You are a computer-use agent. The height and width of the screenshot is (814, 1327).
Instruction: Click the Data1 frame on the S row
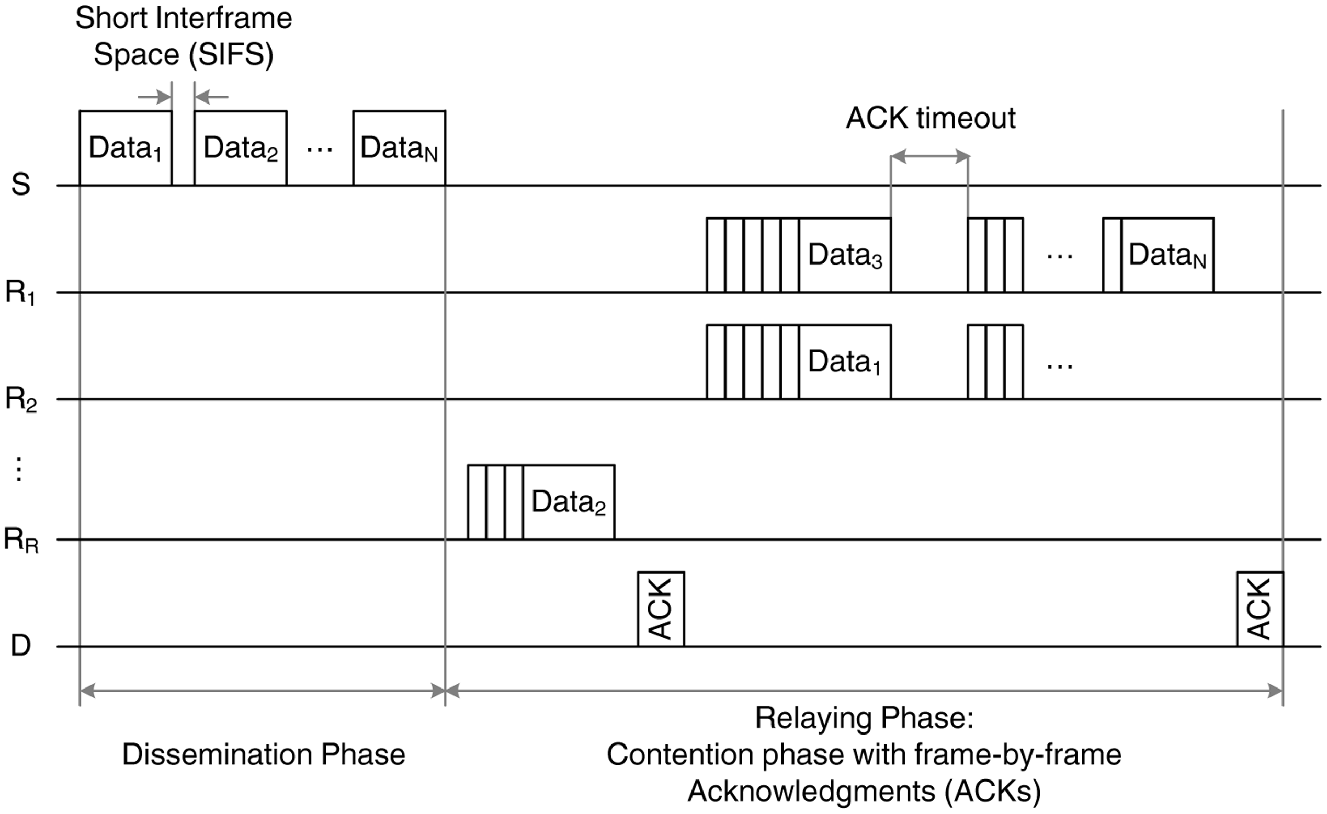click(x=126, y=148)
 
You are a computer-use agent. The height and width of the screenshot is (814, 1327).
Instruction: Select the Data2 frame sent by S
click(x=240, y=148)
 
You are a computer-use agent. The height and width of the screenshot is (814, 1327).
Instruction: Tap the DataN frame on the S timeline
click(x=399, y=148)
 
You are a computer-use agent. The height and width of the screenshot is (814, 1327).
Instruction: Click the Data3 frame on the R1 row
click(x=844, y=255)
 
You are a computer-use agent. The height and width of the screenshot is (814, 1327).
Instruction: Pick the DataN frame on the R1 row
click(x=1166, y=255)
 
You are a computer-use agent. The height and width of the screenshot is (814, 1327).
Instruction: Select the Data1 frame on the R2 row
click(x=844, y=361)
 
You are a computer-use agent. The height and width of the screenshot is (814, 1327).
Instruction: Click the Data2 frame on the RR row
click(x=568, y=502)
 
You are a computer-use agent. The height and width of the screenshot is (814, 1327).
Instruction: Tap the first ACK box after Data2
click(x=661, y=609)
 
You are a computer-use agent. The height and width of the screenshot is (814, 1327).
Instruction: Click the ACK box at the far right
click(x=1260, y=609)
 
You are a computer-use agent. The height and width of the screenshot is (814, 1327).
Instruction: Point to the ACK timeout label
click(x=930, y=118)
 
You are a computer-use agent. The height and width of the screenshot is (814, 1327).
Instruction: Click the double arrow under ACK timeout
click(x=930, y=157)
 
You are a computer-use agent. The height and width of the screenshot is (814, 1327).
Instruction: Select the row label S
click(x=20, y=185)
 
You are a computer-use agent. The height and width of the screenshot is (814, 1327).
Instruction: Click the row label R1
click(x=20, y=292)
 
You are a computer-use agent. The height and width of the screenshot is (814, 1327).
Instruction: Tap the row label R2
click(x=20, y=399)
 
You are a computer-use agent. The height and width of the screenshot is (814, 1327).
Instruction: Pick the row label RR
click(x=20, y=540)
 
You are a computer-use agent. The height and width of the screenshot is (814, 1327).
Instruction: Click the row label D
click(x=20, y=646)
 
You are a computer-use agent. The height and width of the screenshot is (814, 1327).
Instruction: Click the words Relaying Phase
click(x=864, y=718)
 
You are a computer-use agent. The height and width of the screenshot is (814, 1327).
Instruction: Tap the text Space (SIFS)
click(x=184, y=54)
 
